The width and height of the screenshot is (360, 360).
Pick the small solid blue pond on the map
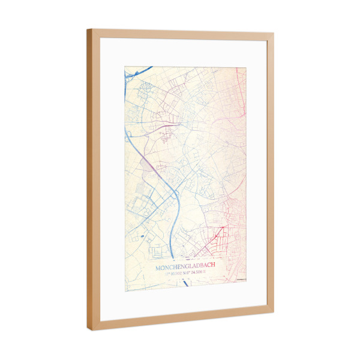(x=142, y=237)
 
